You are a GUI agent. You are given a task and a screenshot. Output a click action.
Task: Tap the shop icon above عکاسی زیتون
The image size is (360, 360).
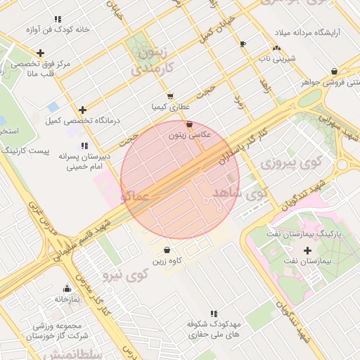(x=189, y=124)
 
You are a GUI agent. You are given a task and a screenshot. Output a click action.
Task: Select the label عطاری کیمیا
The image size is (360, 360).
(x=170, y=107)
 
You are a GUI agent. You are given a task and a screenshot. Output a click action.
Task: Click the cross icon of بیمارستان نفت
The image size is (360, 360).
(x=307, y=250)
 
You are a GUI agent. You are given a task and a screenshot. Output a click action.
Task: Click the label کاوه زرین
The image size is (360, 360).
(x=167, y=260)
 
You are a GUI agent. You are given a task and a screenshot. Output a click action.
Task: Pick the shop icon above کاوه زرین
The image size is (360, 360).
(x=167, y=250)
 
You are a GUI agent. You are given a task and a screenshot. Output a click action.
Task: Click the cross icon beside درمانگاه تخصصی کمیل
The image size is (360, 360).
(x=83, y=110)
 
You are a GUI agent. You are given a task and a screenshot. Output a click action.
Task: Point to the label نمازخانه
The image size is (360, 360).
(x=67, y=298)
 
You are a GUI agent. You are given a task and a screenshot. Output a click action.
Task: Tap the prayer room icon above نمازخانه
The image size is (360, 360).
(x=67, y=288)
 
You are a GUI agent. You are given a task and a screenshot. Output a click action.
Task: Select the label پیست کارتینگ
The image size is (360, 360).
(x=24, y=150)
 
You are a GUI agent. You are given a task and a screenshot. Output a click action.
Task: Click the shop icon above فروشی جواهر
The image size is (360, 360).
(x=334, y=72)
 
